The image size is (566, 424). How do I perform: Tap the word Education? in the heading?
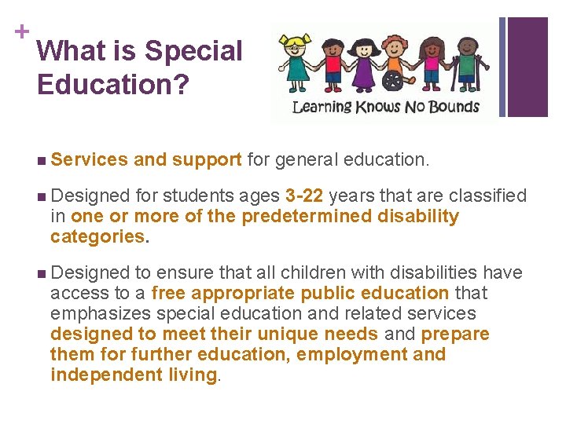tap(112, 85)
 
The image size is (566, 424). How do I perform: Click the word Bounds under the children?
tap(451, 106)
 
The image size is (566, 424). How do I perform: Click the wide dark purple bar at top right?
tap(538, 67)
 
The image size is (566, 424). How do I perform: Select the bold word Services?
tap(89, 159)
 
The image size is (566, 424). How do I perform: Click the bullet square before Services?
tap(41, 160)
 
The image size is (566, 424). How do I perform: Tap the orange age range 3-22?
tap(304, 196)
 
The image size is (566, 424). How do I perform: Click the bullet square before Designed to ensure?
tap(41, 273)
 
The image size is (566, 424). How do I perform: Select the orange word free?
tap(168, 293)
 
